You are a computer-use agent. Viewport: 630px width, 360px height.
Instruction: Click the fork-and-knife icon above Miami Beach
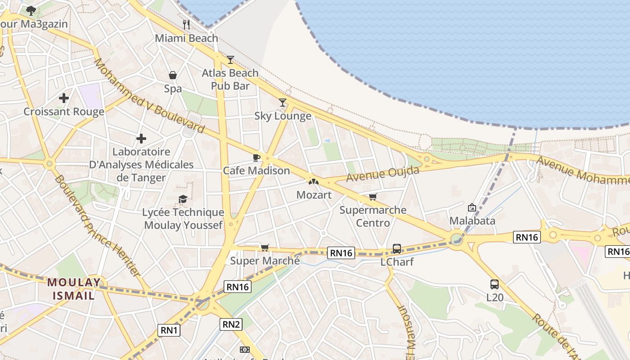click(x=186, y=24)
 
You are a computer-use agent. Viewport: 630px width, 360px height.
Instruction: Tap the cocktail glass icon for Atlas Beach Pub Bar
click(x=230, y=59)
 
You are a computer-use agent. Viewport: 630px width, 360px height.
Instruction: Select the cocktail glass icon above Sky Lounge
click(x=282, y=103)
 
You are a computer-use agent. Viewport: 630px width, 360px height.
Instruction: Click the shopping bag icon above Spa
click(x=173, y=75)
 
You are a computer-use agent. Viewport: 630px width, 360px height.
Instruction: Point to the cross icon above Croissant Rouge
click(x=64, y=98)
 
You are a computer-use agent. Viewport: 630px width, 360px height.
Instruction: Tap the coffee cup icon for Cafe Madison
click(x=256, y=157)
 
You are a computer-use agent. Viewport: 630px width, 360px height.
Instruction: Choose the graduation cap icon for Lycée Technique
click(x=183, y=199)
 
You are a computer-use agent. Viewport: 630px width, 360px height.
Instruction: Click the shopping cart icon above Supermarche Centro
click(x=373, y=197)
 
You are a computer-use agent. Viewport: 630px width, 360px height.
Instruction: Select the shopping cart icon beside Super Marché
click(x=265, y=247)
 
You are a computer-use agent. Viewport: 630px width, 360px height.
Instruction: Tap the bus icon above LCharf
click(x=396, y=248)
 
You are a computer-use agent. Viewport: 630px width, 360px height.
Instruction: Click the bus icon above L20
click(x=494, y=284)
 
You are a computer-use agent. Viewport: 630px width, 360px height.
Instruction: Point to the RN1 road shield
click(x=169, y=330)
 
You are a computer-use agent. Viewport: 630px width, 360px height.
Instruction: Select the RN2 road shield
click(x=231, y=324)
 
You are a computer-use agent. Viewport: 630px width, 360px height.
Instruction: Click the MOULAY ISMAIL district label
click(x=74, y=289)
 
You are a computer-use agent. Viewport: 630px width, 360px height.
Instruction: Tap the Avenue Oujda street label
click(x=382, y=174)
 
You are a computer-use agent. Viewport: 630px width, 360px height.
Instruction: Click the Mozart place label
click(x=314, y=195)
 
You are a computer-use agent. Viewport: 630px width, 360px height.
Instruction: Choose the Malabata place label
click(x=472, y=220)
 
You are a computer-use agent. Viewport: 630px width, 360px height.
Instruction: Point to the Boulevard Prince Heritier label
click(x=96, y=225)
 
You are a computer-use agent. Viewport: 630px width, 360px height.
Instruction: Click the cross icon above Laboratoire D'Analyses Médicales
click(x=141, y=139)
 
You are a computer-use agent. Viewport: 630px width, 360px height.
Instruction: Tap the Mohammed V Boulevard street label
click(x=148, y=96)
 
